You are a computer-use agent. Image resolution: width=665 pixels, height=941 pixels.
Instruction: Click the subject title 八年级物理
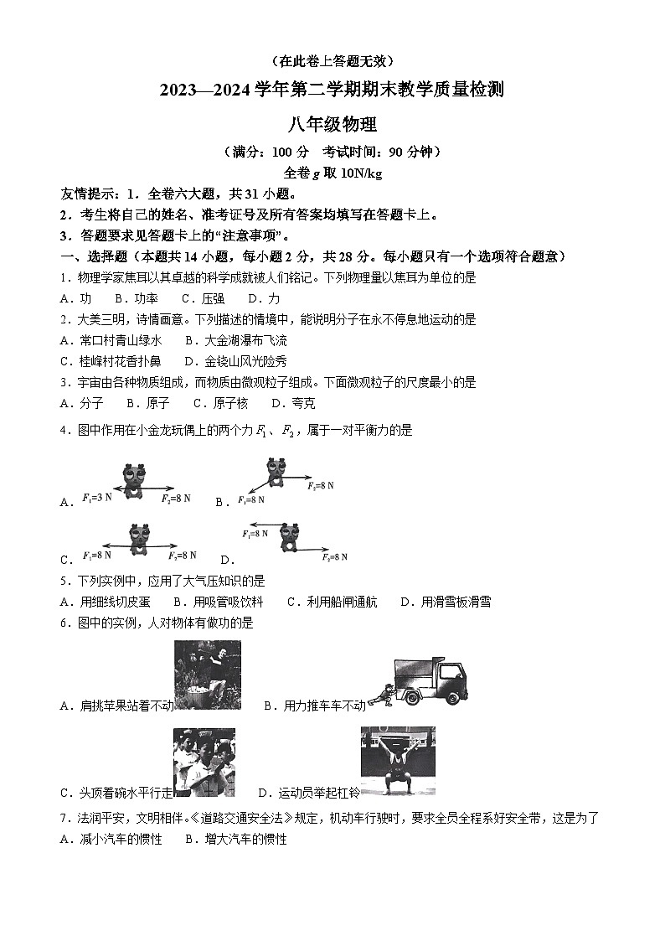pos(332,126)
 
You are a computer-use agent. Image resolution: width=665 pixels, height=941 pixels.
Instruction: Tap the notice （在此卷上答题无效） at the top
pos(332,61)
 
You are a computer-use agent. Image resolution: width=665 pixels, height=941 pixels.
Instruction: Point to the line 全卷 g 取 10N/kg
pos(332,173)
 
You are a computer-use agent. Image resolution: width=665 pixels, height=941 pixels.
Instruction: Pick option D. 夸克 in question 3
pos(293,403)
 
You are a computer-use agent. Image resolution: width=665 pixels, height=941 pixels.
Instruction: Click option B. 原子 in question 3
pos(147,403)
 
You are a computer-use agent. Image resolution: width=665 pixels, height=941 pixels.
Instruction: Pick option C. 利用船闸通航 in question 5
pos(332,602)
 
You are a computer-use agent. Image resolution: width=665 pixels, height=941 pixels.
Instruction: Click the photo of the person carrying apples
pos(207,675)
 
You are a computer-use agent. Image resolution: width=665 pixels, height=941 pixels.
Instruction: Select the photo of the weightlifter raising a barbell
pos(398,761)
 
